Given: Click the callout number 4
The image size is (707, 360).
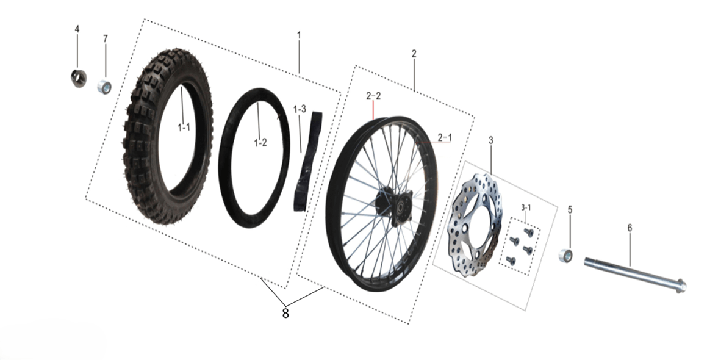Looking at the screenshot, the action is pos(77,29).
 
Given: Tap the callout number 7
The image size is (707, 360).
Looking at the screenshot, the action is pos(106,39).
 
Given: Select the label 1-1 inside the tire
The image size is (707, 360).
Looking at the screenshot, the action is pos(184,128).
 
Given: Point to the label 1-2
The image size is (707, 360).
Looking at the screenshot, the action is pos(260,143).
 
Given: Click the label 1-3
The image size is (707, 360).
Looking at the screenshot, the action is pos(300,109).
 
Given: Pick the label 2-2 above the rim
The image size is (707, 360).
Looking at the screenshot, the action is pos(373,96).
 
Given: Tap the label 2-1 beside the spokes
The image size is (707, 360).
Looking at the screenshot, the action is pos(444,137).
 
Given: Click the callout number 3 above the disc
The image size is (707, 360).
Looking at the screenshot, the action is pos(491,140).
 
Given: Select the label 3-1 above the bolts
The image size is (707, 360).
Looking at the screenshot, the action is pos(526,207).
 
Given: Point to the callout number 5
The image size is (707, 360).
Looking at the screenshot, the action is pos(570,210).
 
